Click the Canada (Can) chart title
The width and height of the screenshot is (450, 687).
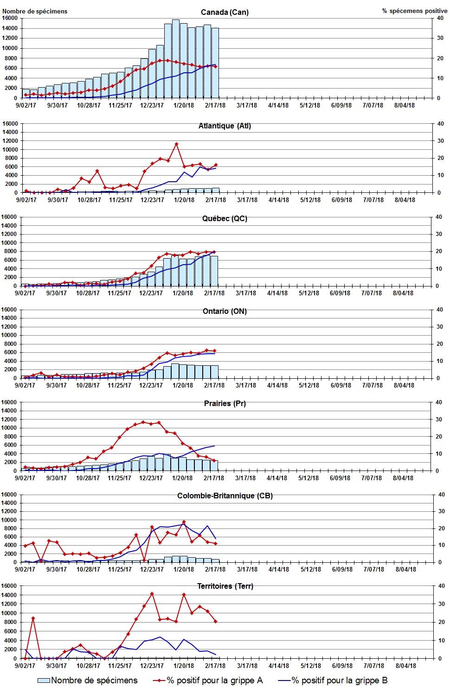pyautogui.click(x=225, y=12)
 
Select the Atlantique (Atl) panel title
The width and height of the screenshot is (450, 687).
pyautogui.click(x=225, y=126)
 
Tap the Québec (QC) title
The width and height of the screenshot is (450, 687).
pyautogui.click(x=225, y=218)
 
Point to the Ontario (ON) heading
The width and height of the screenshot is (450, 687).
pyautogui.click(x=225, y=311)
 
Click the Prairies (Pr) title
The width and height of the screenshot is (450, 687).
pyautogui.click(x=225, y=403)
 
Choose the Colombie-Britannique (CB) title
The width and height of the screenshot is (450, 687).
pyautogui.click(x=225, y=496)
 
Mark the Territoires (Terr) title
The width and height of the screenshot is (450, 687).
pyautogui.click(x=225, y=586)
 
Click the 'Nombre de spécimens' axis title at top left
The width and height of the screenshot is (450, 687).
pyautogui.click(x=35, y=11)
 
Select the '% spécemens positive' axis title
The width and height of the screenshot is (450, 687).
pyautogui.click(x=414, y=11)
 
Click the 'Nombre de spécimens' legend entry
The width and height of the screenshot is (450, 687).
pyautogui.click(x=88, y=680)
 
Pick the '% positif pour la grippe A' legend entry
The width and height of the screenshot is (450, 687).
pyautogui.click(x=208, y=680)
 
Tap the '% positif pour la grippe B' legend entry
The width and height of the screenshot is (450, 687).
pyautogui.click(x=333, y=680)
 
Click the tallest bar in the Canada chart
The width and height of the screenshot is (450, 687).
pyautogui.click(x=176, y=58)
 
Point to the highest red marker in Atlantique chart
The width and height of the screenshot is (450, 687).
pyautogui.click(x=176, y=144)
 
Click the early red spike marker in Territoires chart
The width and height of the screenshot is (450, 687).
pyautogui.click(x=33, y=618)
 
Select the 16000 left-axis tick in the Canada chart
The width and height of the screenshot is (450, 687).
pyautogui.click(x=10, y=18)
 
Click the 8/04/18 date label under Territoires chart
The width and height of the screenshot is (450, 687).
pyautogui.click(x=405, y=666)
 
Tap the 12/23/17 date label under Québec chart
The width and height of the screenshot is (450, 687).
pyautogui.click(x=151, y=293)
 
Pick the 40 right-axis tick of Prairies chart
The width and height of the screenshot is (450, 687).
pyautogui.click(x=438, y=402)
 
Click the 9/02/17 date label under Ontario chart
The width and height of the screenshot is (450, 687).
pyautogui.click(x=25, y=385)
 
